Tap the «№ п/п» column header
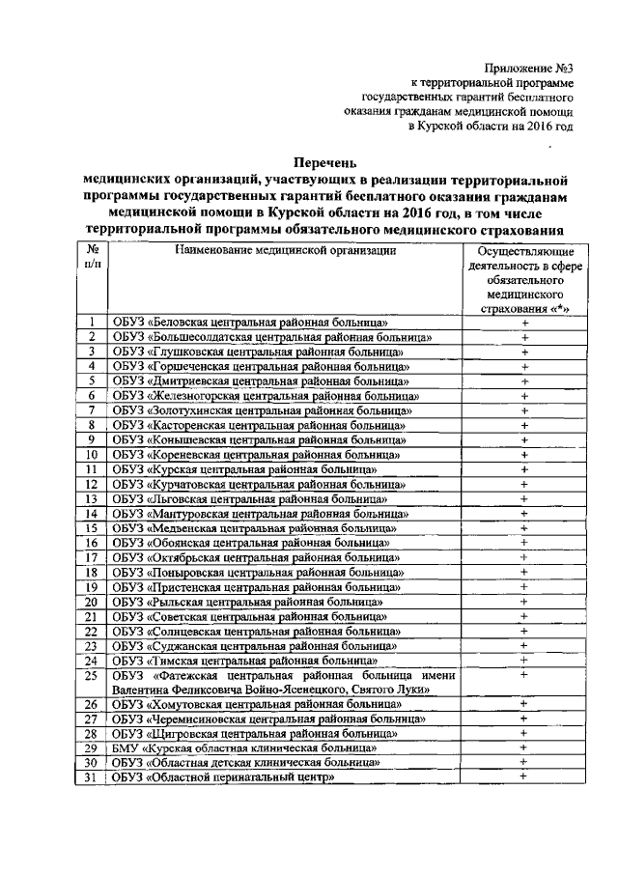[x=91, y=256]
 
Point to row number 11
[x=91, y=469]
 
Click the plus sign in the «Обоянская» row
[x=525, y=543]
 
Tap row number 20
[x=91, y=602]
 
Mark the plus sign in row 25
[x=525, y=675]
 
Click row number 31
[x=91, y=778]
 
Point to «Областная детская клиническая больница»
[x=245, y=763]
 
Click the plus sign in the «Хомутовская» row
[x=525, y=704]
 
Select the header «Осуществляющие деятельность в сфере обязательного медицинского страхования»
[x=525, y=280]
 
